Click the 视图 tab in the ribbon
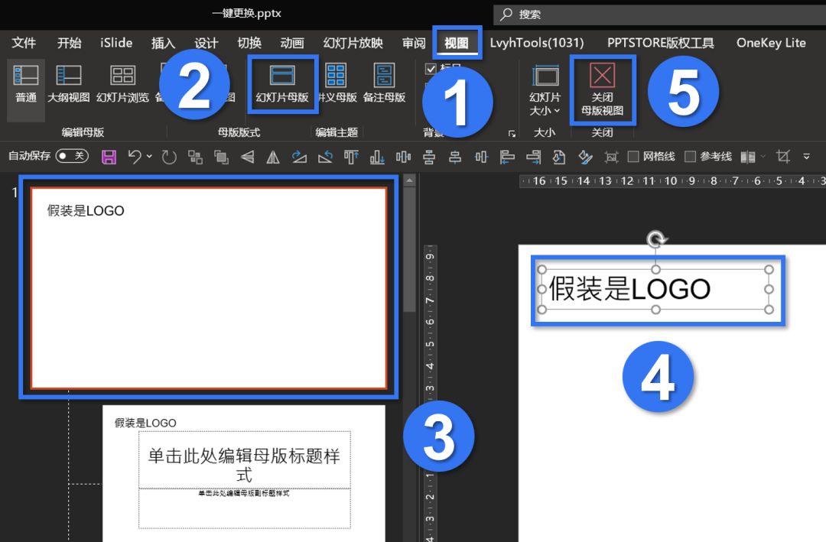point(457,43)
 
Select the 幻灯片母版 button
point(282,83)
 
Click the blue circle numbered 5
point(683,92)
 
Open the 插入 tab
point(163,43)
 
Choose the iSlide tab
point(116,43)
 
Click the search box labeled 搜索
point(658,15)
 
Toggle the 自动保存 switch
point(72,156)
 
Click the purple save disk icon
point(109,157)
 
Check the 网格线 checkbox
point(633,157)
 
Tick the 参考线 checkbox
point(690,157)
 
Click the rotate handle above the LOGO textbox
point(655,240)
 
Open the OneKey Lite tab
point(771,43)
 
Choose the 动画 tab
point(292,43)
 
